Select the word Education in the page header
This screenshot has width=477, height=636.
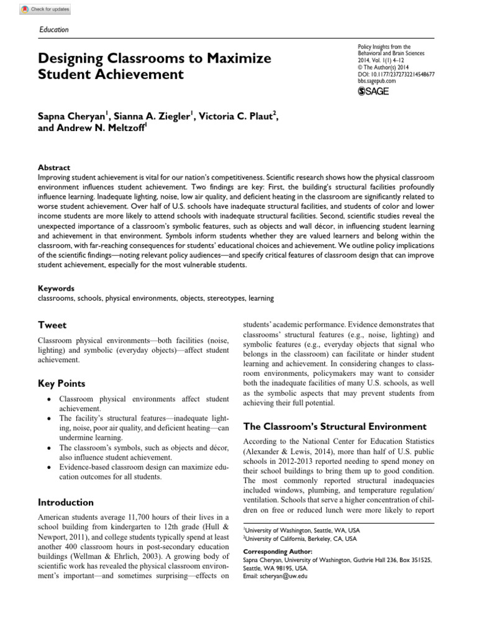click(53, 29)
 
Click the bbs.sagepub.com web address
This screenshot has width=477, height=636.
click(379, 81)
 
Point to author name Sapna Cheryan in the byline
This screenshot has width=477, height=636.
click(73, 115)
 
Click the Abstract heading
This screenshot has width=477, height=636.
click(54, 168)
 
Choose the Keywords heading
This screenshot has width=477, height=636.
click(56, 288)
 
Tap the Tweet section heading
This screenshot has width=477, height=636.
click(52, 325)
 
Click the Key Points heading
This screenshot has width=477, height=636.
click(61, 383)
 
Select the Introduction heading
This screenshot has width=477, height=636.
click(66, 502)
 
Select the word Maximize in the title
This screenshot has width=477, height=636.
click(237, 59)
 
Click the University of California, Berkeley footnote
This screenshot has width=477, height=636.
click(300, 538)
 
